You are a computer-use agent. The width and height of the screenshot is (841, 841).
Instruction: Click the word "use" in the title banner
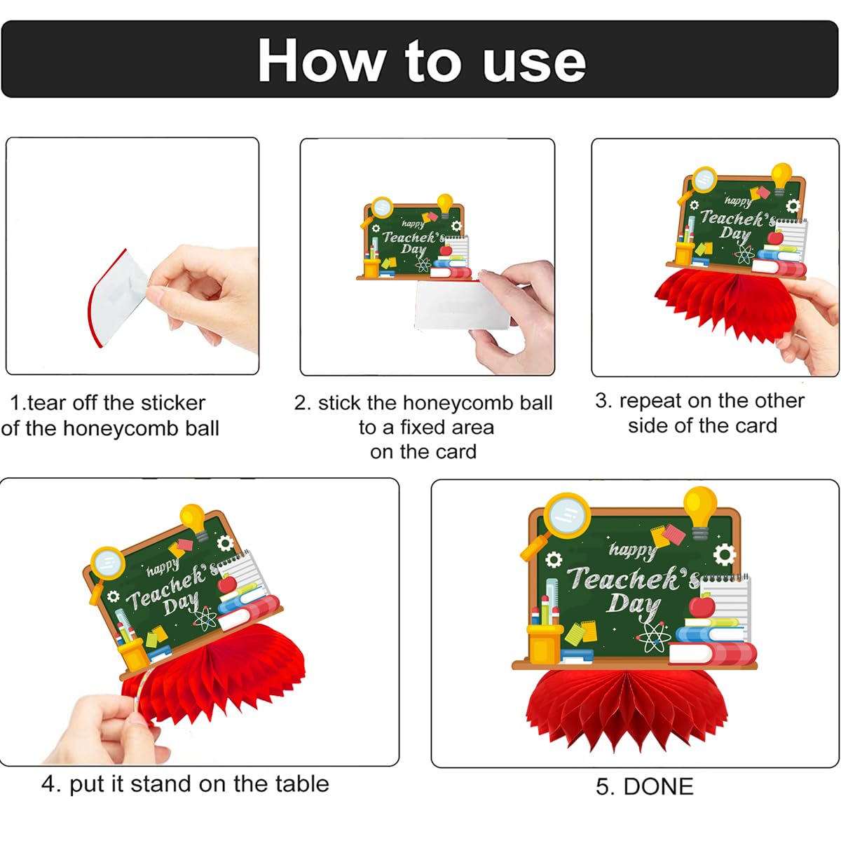point(534,64)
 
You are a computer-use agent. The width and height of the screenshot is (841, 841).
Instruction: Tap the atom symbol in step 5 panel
point(653,637)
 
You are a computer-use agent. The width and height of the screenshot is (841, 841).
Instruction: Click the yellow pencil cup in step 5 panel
point(544,643)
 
